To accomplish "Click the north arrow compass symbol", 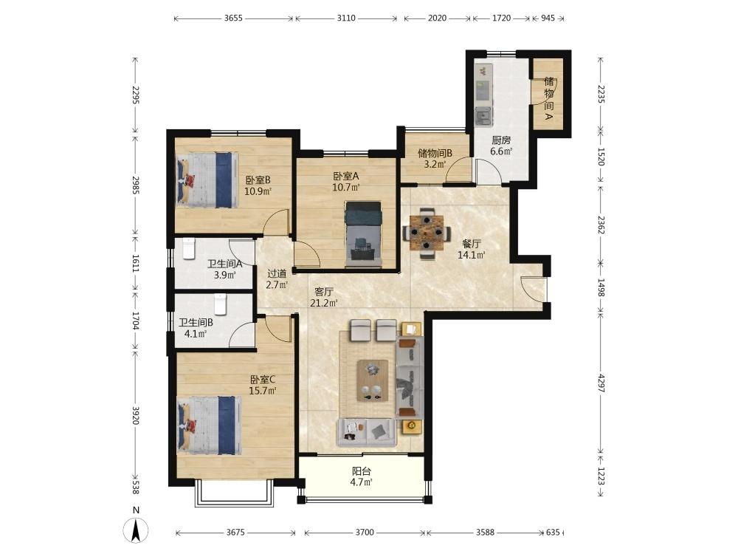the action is pos(136,530).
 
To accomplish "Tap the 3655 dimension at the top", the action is pos(233,18).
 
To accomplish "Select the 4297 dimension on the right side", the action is pos(601,383).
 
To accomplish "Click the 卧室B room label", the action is pos(258,180).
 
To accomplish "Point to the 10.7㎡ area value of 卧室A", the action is pos(346,188).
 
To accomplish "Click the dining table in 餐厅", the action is pos(427,232).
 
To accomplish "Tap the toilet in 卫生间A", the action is pos(189,248).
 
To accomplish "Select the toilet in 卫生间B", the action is pos(220,304).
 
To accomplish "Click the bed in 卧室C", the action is pos(209,425).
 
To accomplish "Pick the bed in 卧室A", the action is pos(362,230).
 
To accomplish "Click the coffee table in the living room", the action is pos(373,380).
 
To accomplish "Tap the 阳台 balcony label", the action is pos(362,471).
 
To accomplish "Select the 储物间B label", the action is pos(435,153).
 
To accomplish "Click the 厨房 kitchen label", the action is pos(501,140).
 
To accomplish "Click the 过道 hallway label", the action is pos(277,274).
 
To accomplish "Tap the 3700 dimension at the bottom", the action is pos(365,533).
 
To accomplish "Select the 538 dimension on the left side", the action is pos(136,487).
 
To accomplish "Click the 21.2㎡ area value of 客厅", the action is pos(324,303).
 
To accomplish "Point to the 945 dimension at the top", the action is pos(548,18).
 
